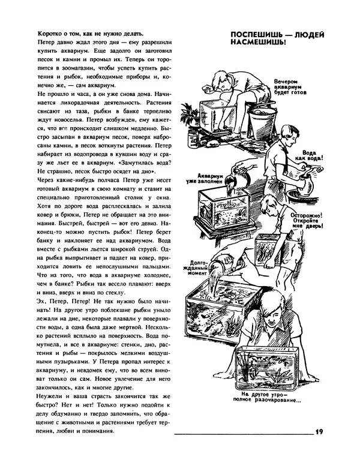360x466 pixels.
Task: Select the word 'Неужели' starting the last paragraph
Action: pos(52,399)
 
